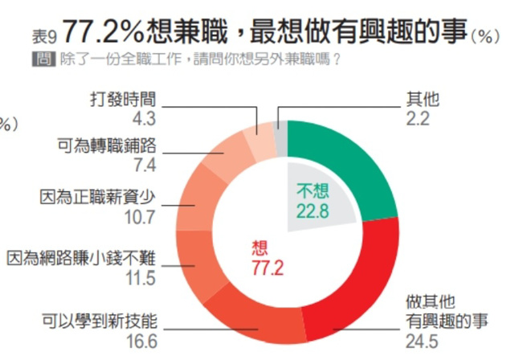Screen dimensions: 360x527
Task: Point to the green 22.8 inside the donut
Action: (314, 211)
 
